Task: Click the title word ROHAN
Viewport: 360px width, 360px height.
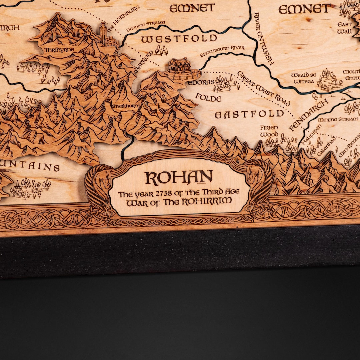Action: pyautogui.click(x=179, y=178)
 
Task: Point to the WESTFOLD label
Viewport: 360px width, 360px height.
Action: pyautogui.click(x=179, y=39)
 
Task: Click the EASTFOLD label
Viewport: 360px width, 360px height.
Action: pyautogui.click(x=249, y=114)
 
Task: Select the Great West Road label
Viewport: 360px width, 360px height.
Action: pyautogui.click(x=263, y=88)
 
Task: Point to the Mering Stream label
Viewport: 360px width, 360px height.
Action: pyautogui.click(x=337, y=119)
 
